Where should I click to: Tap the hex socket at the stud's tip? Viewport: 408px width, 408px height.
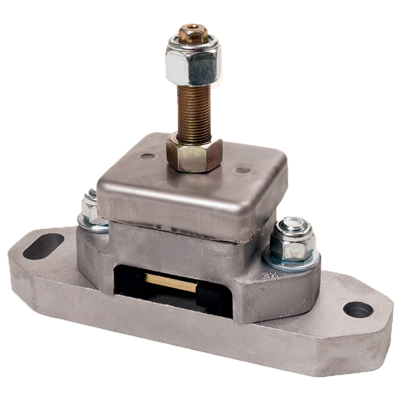(x=193, y=30)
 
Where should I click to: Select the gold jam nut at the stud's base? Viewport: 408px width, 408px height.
(x=194, y=155)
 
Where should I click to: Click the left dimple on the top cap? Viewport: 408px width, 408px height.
(x=147, y=156)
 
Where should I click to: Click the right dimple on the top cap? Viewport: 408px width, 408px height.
(x=244, y=169)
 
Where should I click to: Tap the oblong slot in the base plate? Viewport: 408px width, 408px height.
(x=43, y=246)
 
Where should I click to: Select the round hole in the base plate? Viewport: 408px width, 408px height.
(x=358, y=310)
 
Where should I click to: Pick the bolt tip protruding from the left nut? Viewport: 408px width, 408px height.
(x=92, y=193)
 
